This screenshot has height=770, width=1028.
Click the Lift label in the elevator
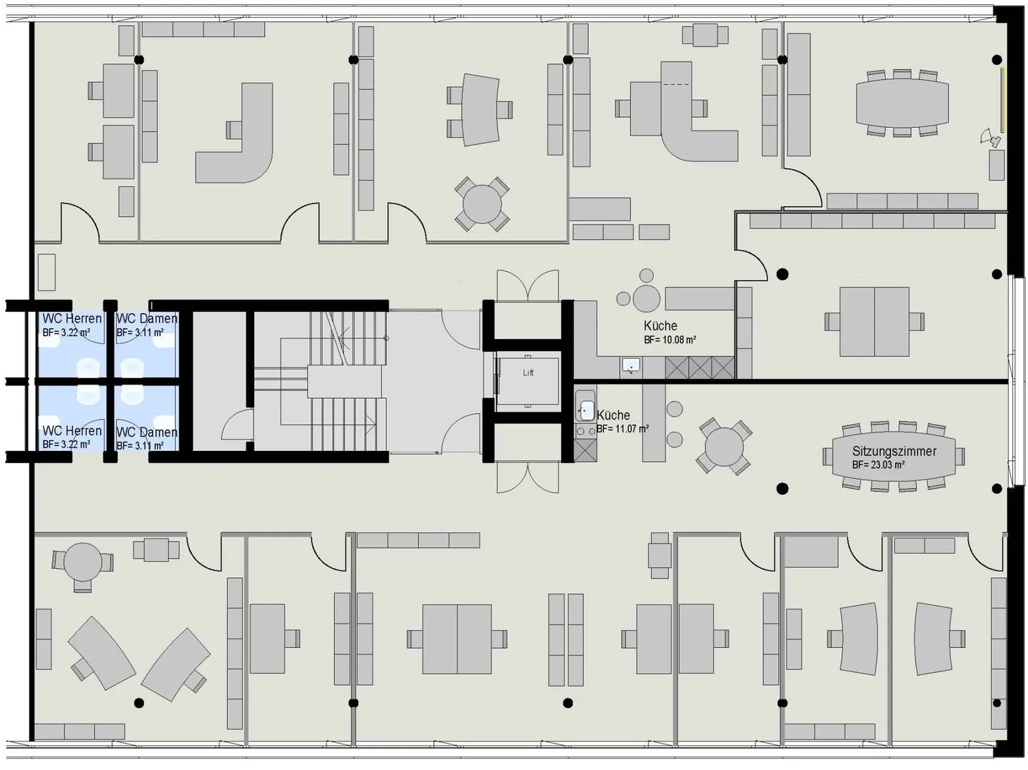point(528,373)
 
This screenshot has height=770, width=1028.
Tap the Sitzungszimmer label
point(894,451)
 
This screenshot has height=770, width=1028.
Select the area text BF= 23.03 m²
point(878,465)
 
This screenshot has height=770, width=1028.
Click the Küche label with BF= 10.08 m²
point(660,326)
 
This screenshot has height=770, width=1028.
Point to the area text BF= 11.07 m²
point(623,428)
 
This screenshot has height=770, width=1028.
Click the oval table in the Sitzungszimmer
point(894,457)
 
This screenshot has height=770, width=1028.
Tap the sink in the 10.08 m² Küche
point(631,365)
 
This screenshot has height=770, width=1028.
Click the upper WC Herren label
point(71,319)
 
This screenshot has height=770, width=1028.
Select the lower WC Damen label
point(146,432)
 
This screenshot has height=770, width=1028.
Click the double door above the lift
point(528,285)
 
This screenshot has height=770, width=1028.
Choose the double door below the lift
point(528,477)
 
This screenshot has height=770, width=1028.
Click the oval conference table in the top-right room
point(902,103)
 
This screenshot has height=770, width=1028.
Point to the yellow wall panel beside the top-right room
point(1003,99)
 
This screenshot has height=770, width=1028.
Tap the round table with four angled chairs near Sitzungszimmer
point(724,446)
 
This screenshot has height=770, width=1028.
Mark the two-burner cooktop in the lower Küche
point(585,430)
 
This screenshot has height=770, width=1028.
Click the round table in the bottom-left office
point(82,562)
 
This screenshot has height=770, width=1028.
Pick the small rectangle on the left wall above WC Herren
point(47,272)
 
